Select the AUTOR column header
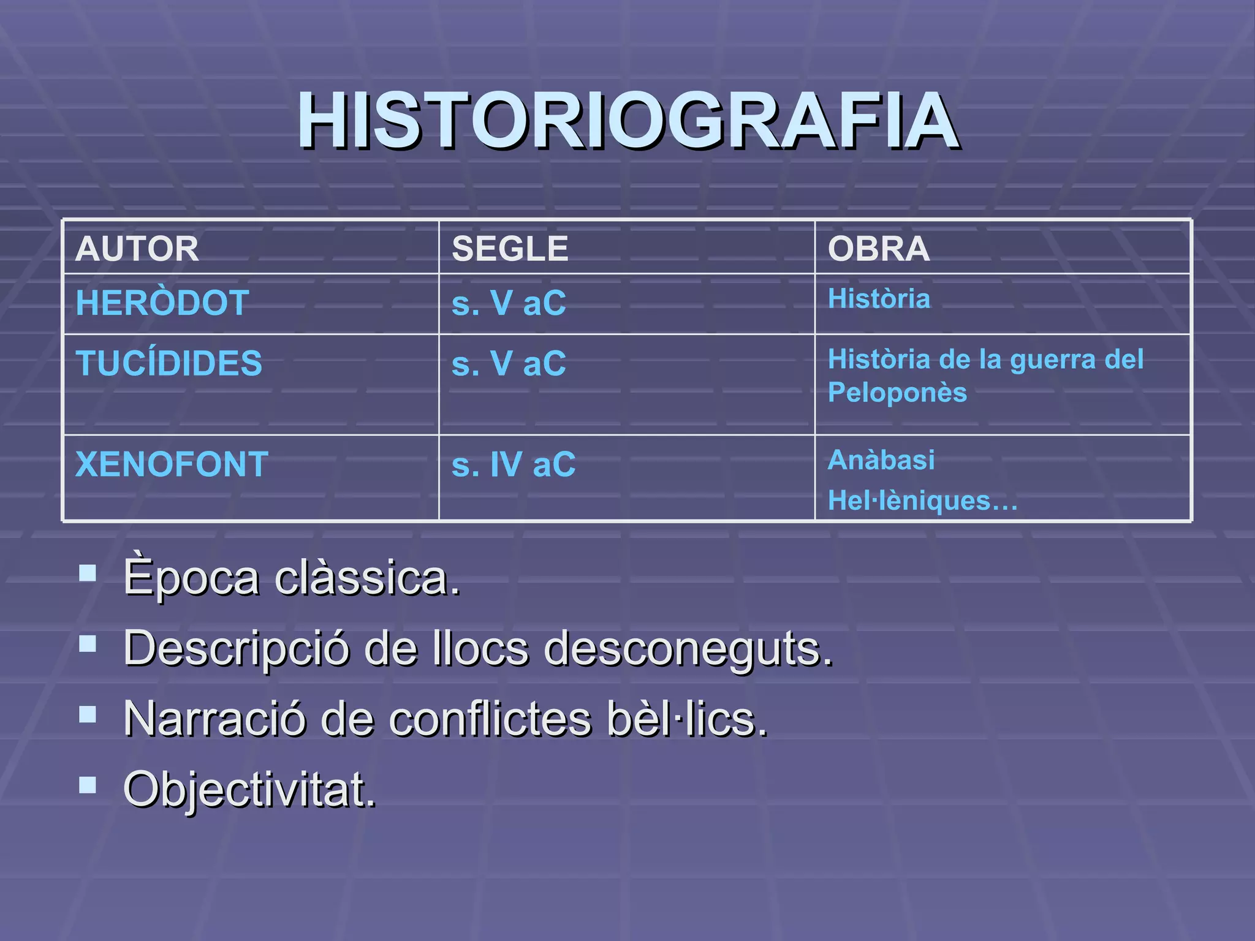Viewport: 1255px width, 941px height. click(x=137, y=249)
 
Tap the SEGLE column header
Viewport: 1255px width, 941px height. click(x=510, y=249)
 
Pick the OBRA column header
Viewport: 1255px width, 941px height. click(x=878, y=249)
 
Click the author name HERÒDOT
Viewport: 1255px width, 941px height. click(x=162, y=303)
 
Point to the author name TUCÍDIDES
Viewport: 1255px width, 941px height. click(x=169, y=363)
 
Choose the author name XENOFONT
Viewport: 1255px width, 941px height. click(x=172, y=464)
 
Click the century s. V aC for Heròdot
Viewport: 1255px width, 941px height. click(x=509, y=303)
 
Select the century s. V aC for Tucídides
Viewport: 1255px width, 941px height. click(x=509, y=363)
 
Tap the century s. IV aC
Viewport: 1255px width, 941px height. click(x=514, y=464)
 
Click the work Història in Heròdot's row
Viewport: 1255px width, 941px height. click(x=879, y=299)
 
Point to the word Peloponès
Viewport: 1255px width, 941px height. click(x=897, y=393)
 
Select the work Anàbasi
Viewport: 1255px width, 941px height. click(x=881, y=460)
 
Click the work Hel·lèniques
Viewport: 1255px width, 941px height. click(x=922, y=501)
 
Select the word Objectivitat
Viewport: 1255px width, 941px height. click(x=249, y=790)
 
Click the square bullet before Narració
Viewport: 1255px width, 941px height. click(x=88, y=714)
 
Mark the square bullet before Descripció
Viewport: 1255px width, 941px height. click(x=88, y=643)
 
